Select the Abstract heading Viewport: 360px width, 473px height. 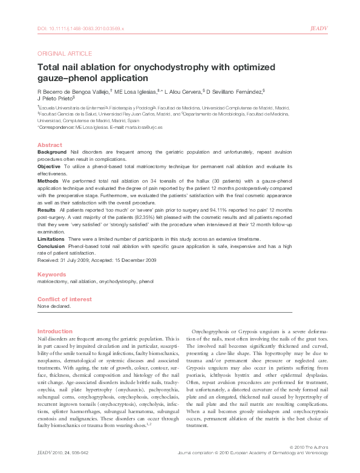coord(50,145)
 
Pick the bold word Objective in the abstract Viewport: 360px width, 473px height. coord(49,165)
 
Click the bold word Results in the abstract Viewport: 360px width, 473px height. coord(47,209)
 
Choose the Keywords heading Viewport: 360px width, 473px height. coord(51,274)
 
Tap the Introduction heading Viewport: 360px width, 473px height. coord(55,331)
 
